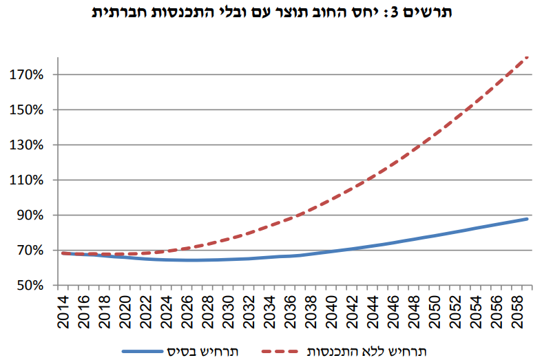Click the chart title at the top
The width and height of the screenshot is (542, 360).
(x=271, y=13)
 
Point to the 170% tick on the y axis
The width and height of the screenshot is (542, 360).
(x=28, y=74)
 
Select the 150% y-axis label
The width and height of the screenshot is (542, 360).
(x=28, y=109)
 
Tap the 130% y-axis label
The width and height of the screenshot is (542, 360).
(x=28, y=145)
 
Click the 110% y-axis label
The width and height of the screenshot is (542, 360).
(x=28, y=180)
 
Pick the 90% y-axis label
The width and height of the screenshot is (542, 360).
(x=31, y=215)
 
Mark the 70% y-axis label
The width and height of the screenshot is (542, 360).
(x=31, y=251)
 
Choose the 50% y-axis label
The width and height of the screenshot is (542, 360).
(x=31, y=286)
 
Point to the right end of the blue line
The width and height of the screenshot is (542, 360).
(x=528, y=219)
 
